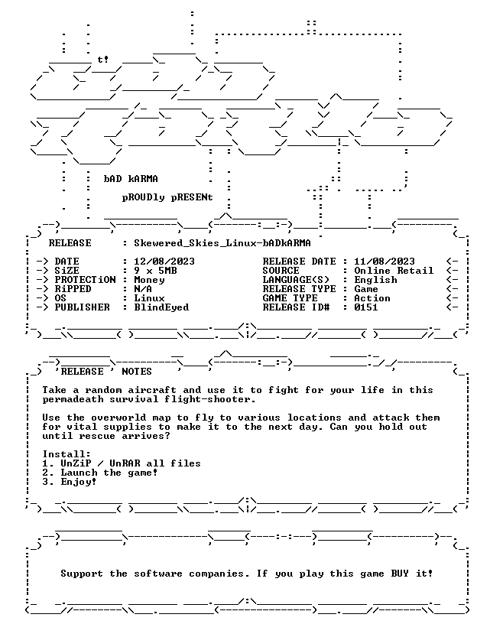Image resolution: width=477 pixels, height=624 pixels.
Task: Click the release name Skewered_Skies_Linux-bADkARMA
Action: [222, 243]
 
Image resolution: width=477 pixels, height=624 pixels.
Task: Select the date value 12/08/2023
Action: [164, 262]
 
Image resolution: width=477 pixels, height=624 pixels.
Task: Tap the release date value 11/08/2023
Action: [385, 262]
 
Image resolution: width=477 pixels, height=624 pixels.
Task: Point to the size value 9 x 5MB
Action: [155, 271]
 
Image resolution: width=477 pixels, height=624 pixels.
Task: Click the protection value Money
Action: [149, 280]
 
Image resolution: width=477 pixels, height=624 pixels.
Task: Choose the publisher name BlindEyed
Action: [161, 307]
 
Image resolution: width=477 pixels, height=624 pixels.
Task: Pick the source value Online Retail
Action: [394, 271]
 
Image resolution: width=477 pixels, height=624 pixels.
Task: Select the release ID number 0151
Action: [366, 307]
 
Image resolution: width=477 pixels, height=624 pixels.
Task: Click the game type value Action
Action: [372, 298]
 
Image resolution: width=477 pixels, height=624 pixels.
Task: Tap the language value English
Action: [375, 280]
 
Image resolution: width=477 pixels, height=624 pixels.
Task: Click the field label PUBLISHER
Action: [82, 307]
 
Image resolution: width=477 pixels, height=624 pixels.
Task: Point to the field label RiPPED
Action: [73, 289]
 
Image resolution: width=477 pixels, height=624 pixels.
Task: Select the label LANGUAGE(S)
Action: [296, 280]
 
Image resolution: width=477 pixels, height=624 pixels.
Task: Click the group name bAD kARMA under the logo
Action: [131, 179]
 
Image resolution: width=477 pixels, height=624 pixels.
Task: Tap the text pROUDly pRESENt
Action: [167, 198]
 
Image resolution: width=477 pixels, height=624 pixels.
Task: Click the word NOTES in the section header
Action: [137, 372]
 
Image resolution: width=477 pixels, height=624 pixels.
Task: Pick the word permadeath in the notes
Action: [73, 399]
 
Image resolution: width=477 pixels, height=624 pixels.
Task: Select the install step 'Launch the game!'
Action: [109, 473]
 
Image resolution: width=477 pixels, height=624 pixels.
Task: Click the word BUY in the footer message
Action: [401, 574]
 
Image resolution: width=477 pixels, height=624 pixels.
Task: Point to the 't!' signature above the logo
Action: [103, 60]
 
